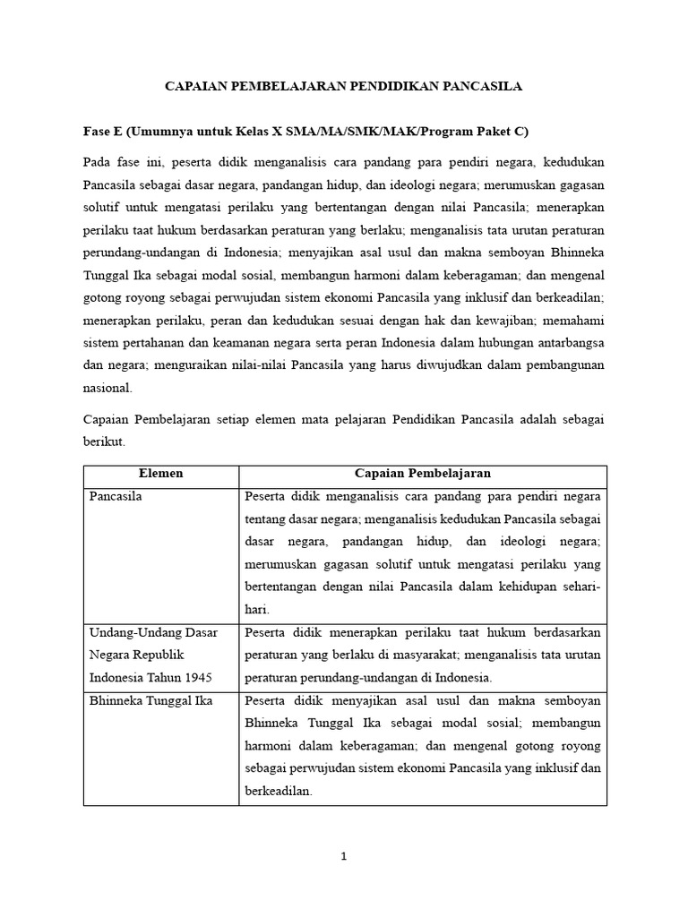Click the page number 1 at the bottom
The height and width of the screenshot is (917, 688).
pyautogui.click(x=344, y=856)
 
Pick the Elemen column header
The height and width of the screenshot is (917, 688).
pyautogui.click(x=161, y=474)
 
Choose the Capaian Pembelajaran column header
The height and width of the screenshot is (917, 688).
pyautogui.click(x=423, y=474)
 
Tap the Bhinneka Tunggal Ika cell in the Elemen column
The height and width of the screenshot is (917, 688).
pyautogui.click(x=150, y=700)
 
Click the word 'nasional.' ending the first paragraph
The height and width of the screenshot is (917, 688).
pyautogui.click(x=107, y=388)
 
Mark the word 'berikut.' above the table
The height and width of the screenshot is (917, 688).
pyautogui.click(x=105, y=442)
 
